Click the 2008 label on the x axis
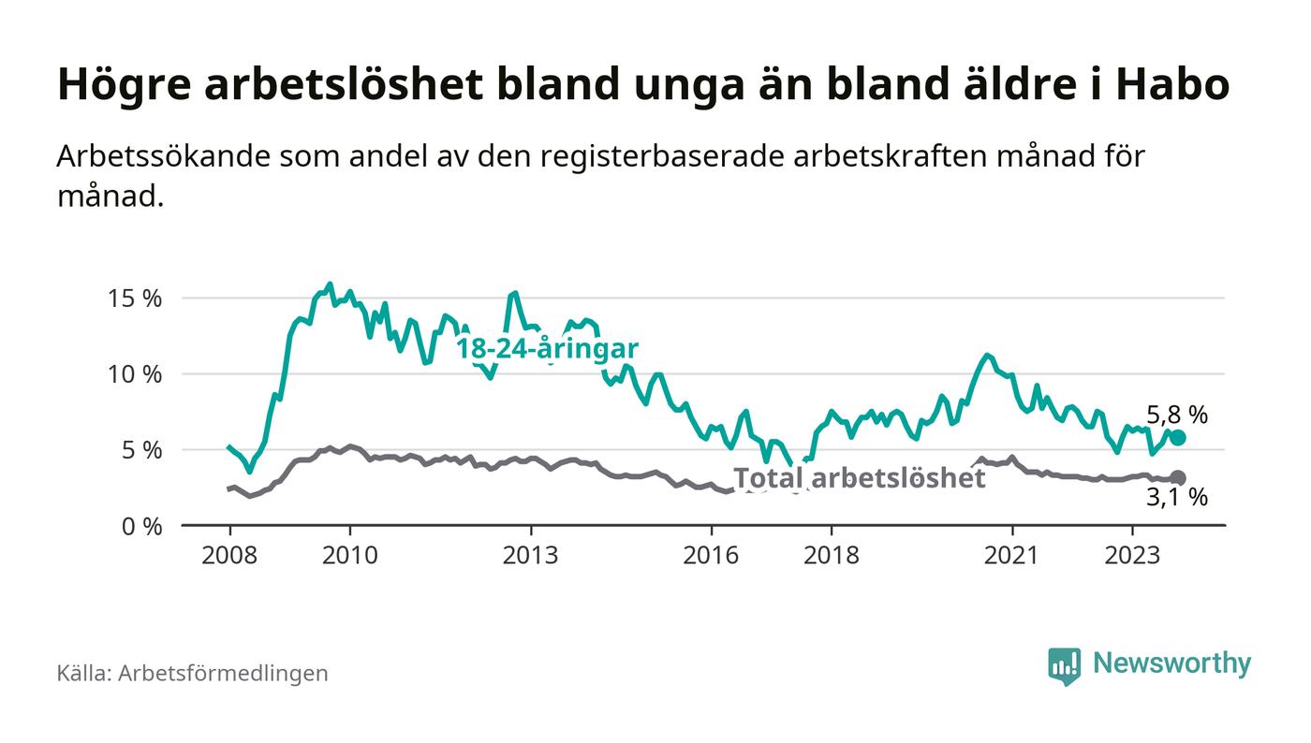click(x=229, y=555)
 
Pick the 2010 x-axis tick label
click(x=350, y=555)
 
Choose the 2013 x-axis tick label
click(x=531, y=555)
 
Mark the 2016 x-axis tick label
click(x=712, y=555)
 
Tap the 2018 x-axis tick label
click(x=832, y=555)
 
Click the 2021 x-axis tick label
click(x=1012, y=555)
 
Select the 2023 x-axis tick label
click(x=1133, y=555)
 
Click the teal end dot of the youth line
click(x=1178, y=438)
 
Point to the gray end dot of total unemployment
click(x=1178, y=478)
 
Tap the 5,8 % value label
click(x=1177, y=415)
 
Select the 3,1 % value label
click(x=1177, y=499)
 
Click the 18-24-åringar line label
click(x=547, y=349)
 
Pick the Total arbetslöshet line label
click(x=859, y=478)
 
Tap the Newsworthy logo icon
click(x=1064, y=665)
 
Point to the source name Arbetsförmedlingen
click(x=223, y=673)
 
